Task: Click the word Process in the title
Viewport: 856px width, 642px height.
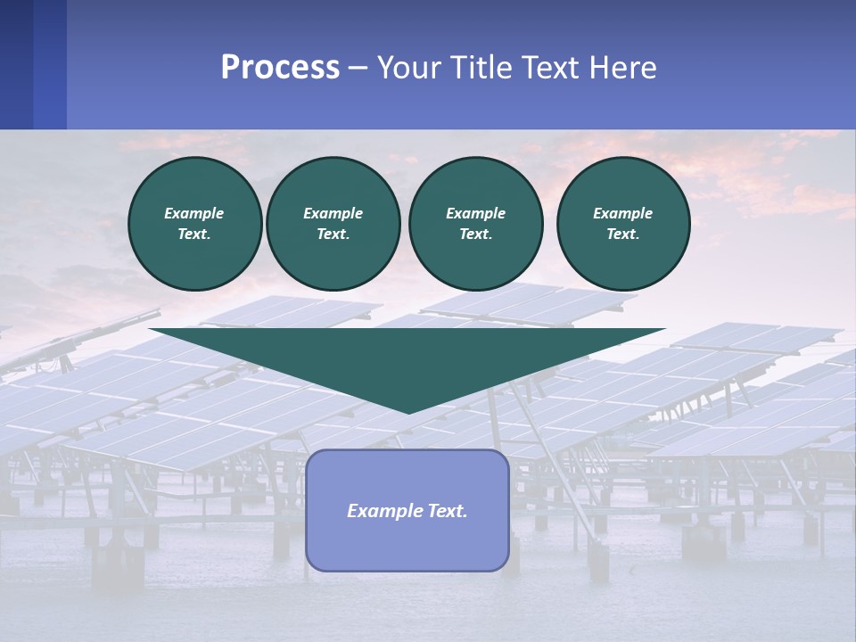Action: tap(280, 68)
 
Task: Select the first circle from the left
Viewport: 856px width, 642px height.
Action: tap(194, 224)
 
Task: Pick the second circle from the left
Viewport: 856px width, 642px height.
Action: tap(333, 224)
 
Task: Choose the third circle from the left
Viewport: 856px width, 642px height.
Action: tap(475, 224)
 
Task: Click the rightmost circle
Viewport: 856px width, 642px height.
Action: tap(623, 224)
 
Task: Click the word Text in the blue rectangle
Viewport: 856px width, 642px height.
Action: tap(445, 511)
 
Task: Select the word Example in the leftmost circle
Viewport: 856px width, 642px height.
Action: tap(194, 213)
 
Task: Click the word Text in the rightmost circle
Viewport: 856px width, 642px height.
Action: tap(622, 235)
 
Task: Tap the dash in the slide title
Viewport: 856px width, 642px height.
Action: tap(358, 69)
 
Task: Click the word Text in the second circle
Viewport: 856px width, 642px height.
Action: tap(333, 235)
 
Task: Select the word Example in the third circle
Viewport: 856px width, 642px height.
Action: tap(475, 213)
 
